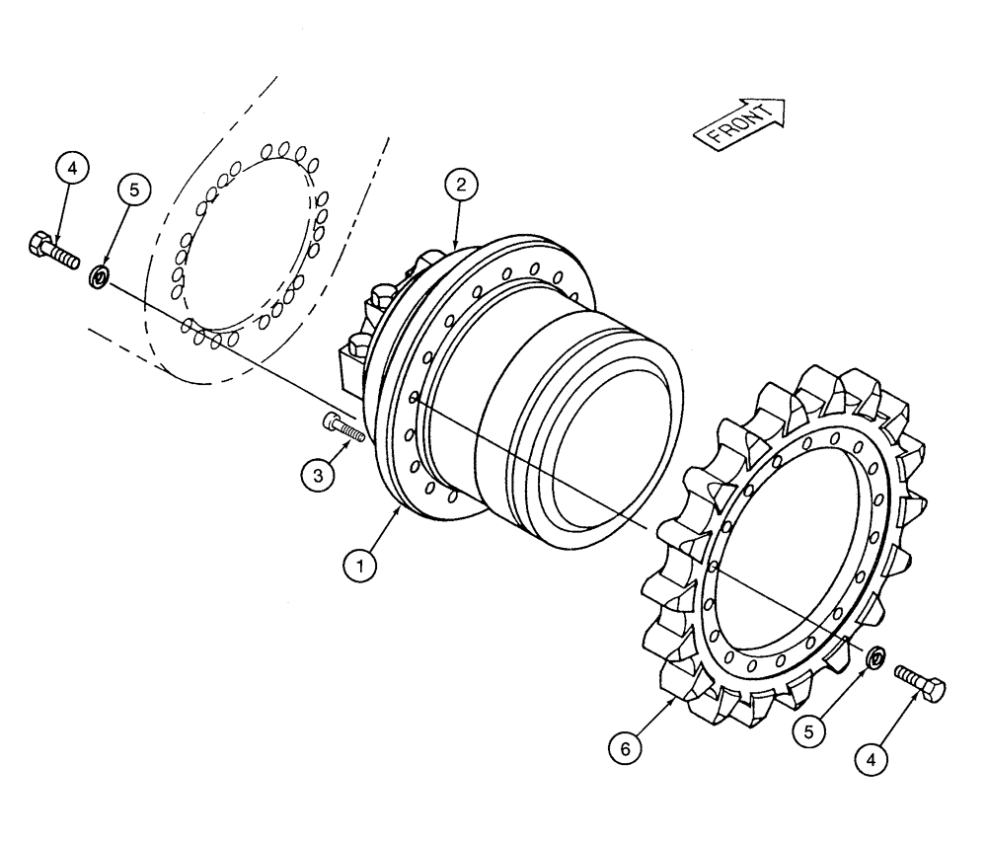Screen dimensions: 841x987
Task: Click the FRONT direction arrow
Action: (740, 122)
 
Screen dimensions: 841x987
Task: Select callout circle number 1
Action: (361, 567)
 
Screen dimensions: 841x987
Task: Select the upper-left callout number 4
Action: (73, 169)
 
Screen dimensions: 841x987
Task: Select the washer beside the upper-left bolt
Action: (100, 277)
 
